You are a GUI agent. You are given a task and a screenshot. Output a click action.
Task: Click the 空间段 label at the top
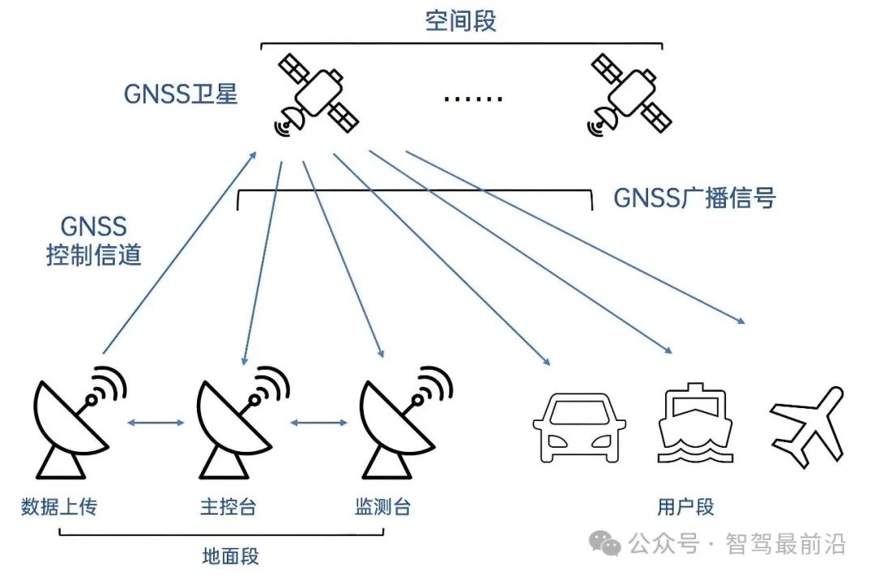pyautogui.click(x=460, y=21)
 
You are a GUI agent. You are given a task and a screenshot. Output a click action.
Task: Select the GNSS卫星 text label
pyautogui.click(x=181, y=94)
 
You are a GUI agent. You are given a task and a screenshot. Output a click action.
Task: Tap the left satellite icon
pyautogui.click(x=317, y=94)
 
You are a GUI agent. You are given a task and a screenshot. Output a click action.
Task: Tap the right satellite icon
pyautogui.click(x=631, y=94)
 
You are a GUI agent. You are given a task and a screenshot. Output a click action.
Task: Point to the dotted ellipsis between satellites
pyautogui.click(x=473, y=99)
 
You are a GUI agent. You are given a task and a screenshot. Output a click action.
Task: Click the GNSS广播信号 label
pyautogui.click(x=694, y=198)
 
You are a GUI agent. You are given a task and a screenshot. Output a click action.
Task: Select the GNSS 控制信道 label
pyautogui.click(x=94, y=241)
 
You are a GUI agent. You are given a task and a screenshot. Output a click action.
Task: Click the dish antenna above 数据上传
pyautogui.click(x=77, y=425)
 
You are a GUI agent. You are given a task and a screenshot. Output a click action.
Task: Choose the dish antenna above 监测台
pyautogui.click(x=402, y=425)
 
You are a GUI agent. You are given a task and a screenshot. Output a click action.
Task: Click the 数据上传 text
pyautogui.click(x=59, y=508)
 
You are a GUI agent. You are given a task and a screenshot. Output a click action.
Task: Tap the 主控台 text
pyautogui.click(x=228, y=508)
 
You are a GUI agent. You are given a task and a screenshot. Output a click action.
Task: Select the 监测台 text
pyautogui.click(x=382, y=508)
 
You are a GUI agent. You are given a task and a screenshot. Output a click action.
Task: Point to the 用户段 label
pyautogui.click(x=685, y=508)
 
